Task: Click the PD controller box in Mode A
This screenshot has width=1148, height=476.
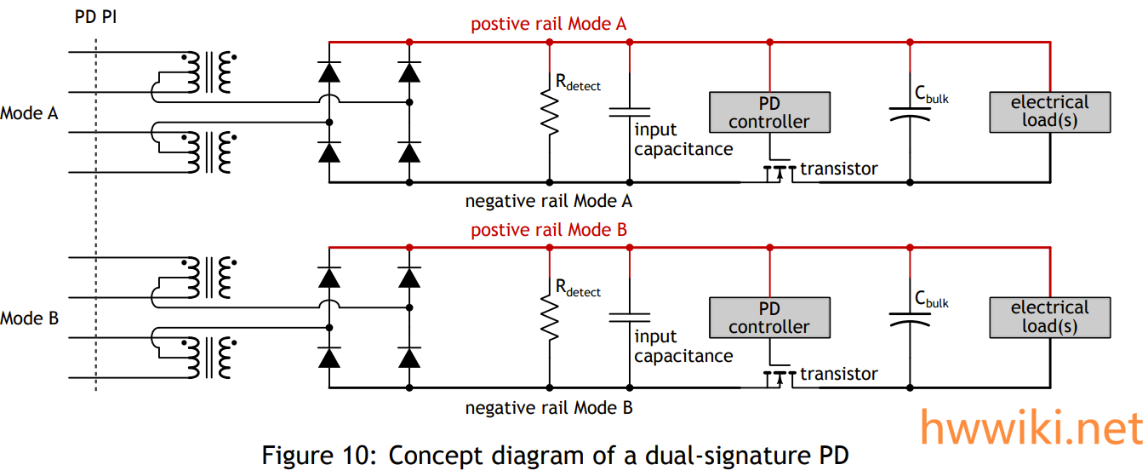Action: point(769,112)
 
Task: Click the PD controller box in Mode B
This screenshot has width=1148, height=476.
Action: point(769,318)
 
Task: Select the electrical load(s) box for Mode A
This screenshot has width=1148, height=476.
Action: point(1049,112)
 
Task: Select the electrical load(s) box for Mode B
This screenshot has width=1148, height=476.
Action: point(1049,318)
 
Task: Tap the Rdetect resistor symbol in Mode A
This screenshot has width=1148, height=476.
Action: point(550,114)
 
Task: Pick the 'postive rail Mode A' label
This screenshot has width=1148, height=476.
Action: point(548,24)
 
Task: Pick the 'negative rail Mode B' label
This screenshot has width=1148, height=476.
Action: point(549,408)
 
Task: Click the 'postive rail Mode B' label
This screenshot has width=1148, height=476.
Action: point(548,230)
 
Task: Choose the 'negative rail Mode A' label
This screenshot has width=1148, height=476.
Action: point(549,202)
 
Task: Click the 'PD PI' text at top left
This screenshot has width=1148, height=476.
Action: point(96,16)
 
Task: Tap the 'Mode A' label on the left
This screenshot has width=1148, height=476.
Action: point(29,112)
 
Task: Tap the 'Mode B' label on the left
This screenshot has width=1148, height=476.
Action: point(29,318)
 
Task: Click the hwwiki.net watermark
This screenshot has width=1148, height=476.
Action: point(1032,427)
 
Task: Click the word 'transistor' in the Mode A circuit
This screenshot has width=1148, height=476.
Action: point(838,169)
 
